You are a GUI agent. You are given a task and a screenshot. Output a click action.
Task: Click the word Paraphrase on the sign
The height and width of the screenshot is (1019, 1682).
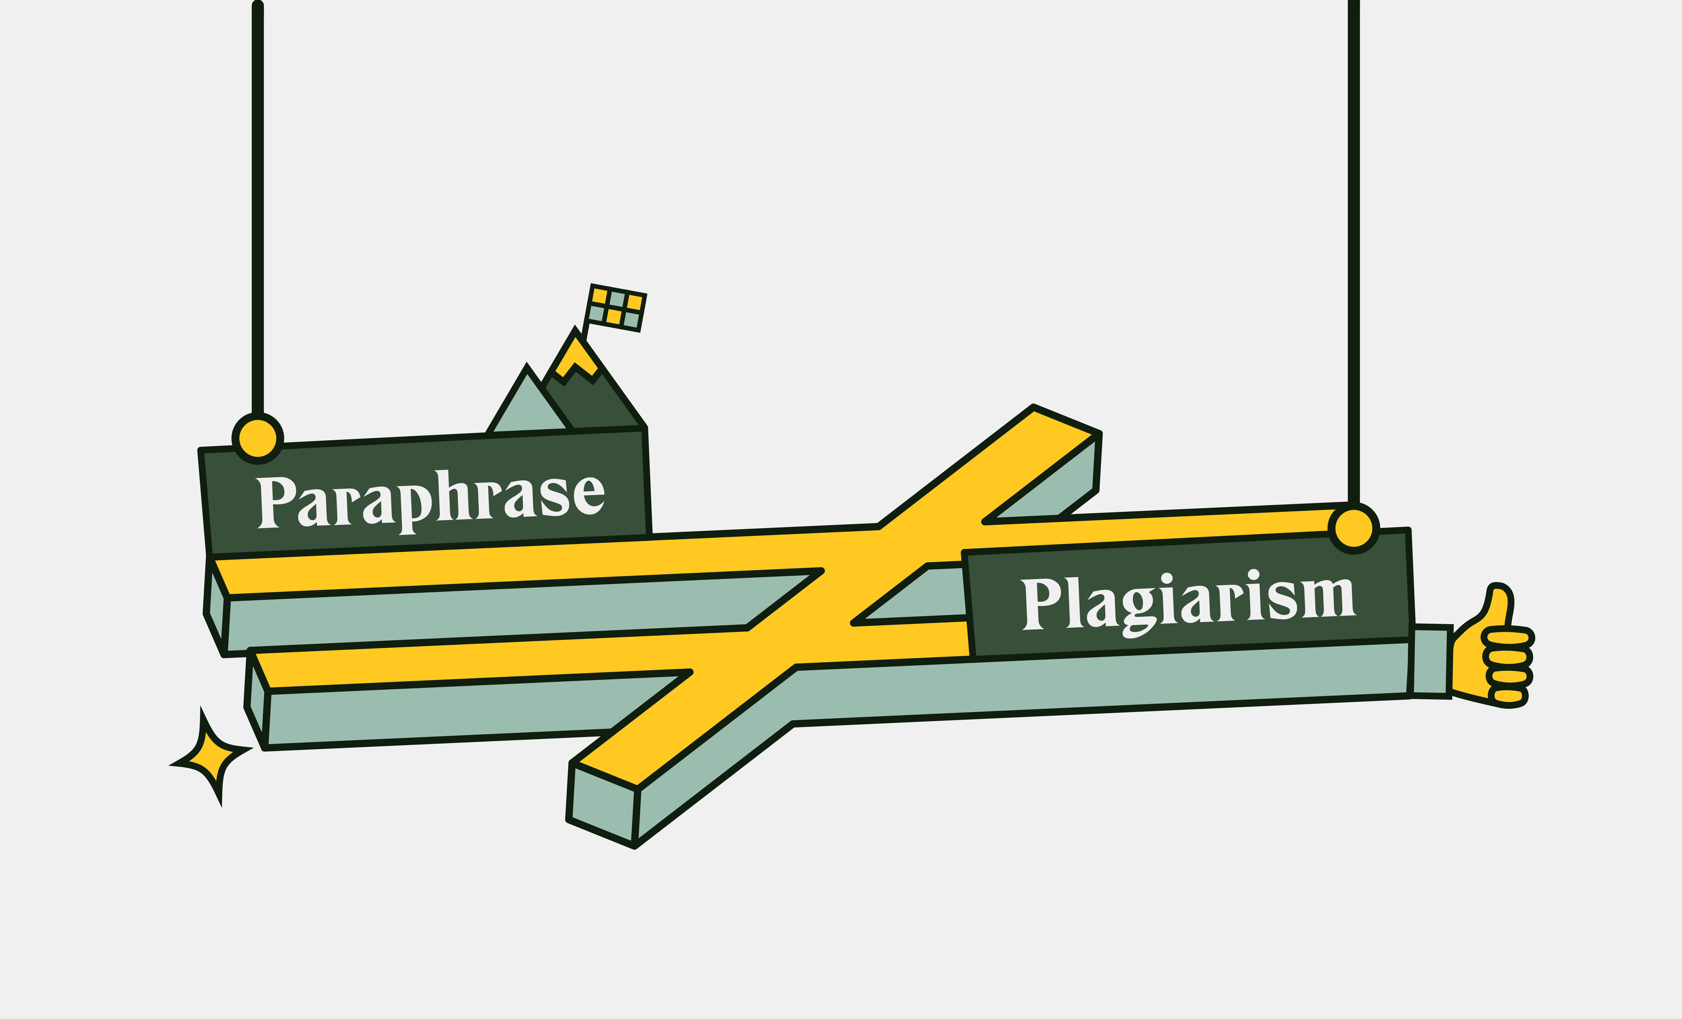[x=430, y=502]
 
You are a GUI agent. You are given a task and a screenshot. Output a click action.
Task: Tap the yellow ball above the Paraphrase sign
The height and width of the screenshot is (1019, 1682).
[x=257, y=439]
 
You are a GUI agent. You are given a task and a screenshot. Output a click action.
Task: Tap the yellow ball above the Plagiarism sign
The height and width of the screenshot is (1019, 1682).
[x=1354, y=528]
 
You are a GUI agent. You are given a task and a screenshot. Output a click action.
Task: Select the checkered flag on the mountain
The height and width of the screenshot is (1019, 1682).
[x=616, y=308]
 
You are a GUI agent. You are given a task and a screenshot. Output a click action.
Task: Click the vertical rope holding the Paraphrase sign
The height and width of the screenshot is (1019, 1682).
[x=257, y=205]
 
